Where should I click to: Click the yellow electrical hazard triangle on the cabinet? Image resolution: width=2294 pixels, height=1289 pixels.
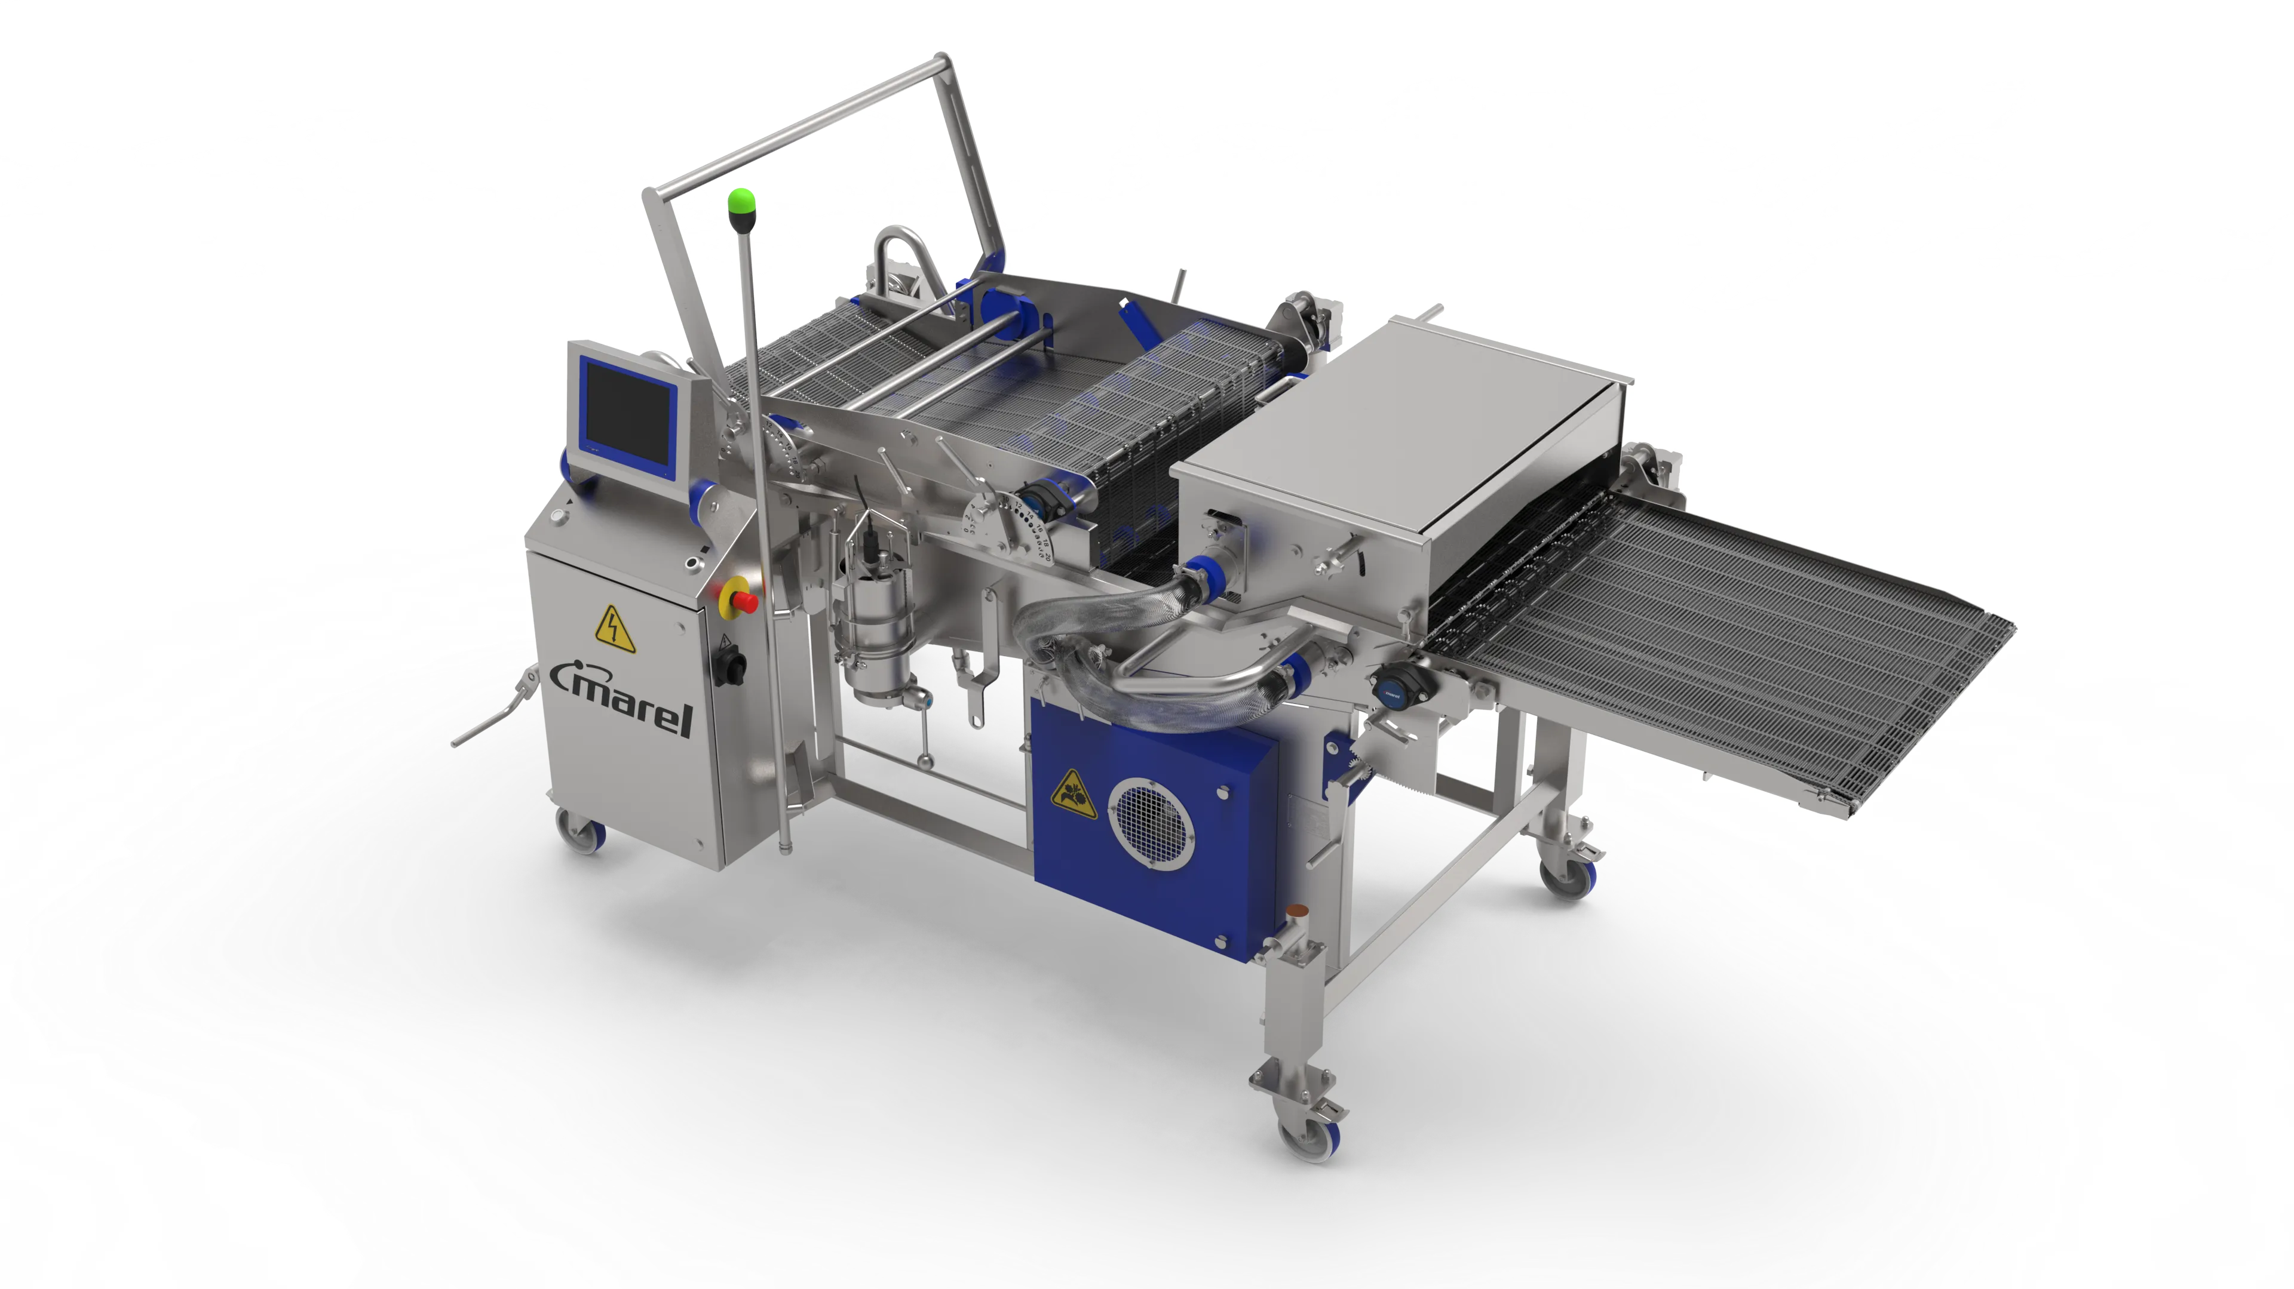point(614,629)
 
